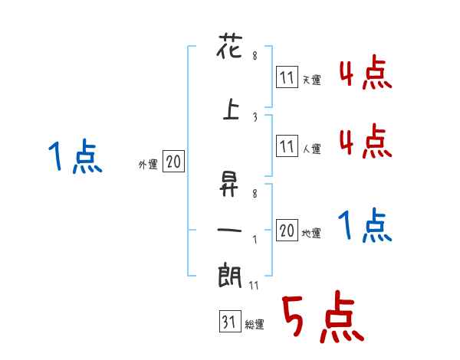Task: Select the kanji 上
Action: click(x=231, y=108)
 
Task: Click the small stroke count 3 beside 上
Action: click(x=255, y=116)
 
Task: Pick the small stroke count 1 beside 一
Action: click(x=255, y=238)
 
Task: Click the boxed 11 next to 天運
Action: click(x=287, y=77)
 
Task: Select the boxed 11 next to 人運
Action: click(x=287, y=146)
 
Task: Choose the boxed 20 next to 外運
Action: click(x=173, y=162)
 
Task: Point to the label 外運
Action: click(x=147, y=163)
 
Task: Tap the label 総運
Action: click(x=255, y=324)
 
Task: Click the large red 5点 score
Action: click(x=321, y=319)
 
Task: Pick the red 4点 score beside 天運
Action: click(x=364, y=75)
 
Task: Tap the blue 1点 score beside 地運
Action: click(x=364, y=227)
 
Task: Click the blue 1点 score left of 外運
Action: click(x=74, y=159)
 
